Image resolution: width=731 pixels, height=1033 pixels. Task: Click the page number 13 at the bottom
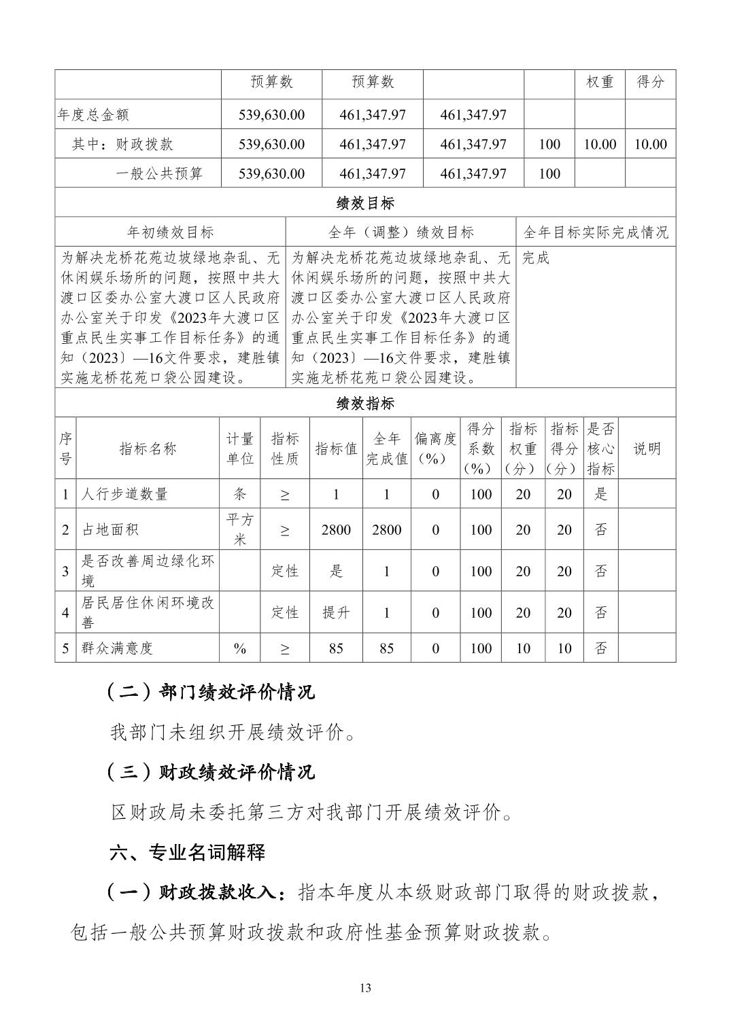coord(365,987)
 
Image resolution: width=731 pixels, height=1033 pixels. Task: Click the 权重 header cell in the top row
coord(600,82)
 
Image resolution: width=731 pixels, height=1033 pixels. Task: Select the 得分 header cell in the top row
coord(650,82)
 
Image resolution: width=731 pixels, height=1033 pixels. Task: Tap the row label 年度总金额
coord(92,115)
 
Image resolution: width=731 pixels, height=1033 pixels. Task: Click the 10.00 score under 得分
coord(650,144)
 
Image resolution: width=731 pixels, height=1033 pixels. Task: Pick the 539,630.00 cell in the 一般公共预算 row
coord(271,173)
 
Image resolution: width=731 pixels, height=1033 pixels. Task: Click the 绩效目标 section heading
coord(365,203)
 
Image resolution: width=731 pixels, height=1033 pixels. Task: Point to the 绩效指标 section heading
coord(365,403)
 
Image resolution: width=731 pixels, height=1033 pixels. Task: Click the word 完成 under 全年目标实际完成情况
coord(536,258)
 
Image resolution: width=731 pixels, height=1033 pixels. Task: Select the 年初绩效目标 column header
coord(170,232)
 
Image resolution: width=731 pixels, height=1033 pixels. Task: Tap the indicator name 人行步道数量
coord(124,494)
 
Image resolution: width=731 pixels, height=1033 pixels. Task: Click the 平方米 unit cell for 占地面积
coord(240,529)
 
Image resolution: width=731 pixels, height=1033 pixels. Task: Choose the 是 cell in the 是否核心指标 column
coord(600,494)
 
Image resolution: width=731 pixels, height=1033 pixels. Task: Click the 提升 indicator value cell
coord(336,612)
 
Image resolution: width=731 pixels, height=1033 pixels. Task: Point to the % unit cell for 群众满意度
coord(240,648)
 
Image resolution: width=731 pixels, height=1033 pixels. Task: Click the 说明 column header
coord(647,449)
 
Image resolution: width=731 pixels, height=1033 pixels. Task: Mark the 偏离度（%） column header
coord(435,449)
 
